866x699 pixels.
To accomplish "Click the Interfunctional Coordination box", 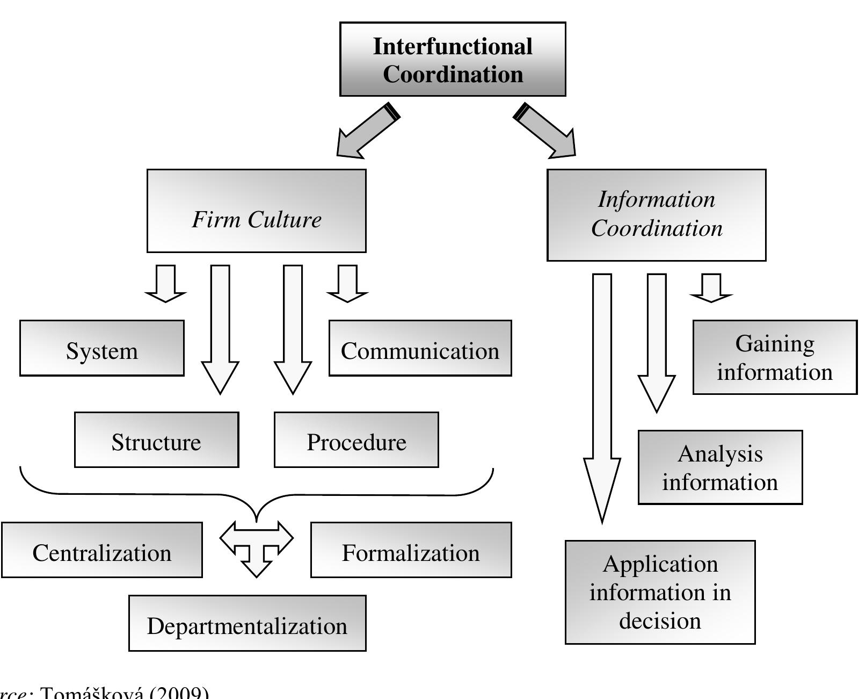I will [453, 60].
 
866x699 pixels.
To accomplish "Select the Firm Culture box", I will [257, 211].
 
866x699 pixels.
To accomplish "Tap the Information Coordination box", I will [656, 215].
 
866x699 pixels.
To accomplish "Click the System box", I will [102, 348].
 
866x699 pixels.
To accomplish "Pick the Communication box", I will [420, 348].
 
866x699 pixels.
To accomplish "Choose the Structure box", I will [156, 440].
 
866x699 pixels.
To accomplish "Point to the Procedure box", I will [356, 440].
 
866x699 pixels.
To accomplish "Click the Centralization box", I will [102, 550].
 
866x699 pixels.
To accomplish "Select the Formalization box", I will [411, 550].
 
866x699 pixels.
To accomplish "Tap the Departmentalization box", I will [247, 623].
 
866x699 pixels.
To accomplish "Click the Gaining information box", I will [774, 357].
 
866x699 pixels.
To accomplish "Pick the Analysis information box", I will [720, 467].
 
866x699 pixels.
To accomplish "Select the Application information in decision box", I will [660, 592].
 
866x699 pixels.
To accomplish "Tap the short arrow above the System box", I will [165, 283].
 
